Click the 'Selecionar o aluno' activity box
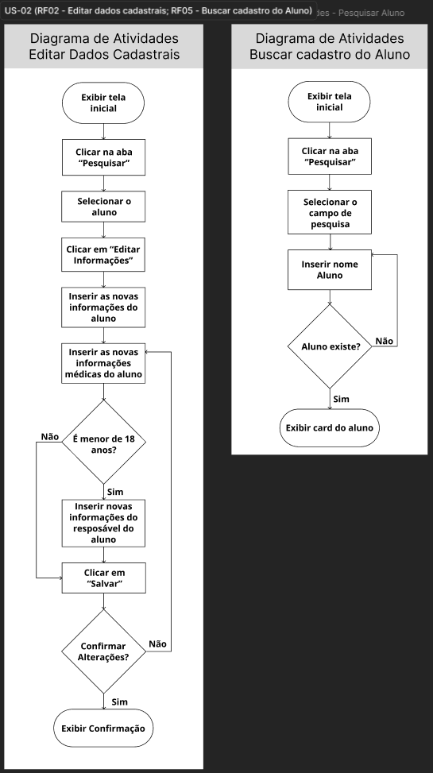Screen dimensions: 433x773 click(x=103, y=207)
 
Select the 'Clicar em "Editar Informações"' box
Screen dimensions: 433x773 click(x=103, y=255)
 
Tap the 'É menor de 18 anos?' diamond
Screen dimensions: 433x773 click(x=103, y=443)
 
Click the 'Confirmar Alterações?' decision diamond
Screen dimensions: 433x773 click(x=103, y=651)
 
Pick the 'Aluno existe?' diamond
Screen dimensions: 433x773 click(x=330, y=346)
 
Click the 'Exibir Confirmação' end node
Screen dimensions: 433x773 click(x=103, y=729)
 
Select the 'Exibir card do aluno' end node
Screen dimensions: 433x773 click(x=330, y=428)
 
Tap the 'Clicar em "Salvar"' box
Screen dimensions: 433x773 click(x=103, y=578)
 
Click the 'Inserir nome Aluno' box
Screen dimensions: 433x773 click(x=330, y=269)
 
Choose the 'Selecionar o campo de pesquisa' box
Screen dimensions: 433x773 click(x=330, y=212)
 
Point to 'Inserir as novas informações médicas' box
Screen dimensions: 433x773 click(x=103, y=363)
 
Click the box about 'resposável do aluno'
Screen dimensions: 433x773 click(x=103, y=523)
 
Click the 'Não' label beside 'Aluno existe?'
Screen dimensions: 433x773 click(x=385, y=341)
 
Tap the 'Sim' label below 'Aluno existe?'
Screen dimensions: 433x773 click(x=342, y=400)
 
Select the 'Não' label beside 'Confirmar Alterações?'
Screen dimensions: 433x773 click(x=157, y=644)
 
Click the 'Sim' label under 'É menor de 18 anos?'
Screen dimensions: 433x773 click(x=115, y=492)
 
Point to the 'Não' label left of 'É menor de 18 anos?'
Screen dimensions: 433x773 click(x=50, y=437)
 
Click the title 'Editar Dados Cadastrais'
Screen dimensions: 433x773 click(x=104, y=54)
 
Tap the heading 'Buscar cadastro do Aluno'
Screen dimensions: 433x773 click(x=330, y=54)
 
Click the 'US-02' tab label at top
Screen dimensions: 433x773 click(x=17, y=10)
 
